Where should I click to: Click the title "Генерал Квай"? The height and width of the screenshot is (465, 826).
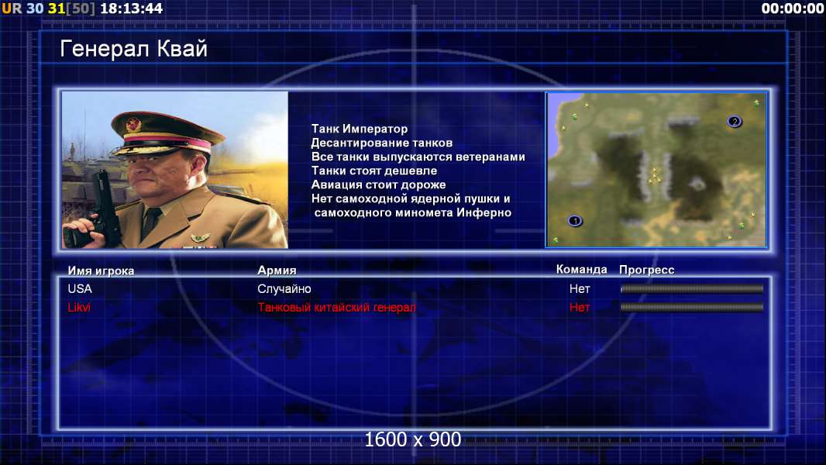tap(134, 50)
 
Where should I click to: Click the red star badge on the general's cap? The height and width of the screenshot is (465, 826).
tap(133, 124)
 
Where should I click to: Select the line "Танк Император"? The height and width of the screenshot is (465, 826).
tap(360, 129)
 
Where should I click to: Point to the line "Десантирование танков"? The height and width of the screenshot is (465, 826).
tap(381, 143)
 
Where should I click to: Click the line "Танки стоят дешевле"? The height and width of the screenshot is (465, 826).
tap(374, 170)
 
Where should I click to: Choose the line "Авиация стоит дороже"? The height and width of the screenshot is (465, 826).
tap(378, 185)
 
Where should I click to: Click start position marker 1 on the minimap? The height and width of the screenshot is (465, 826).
tap(575, 221)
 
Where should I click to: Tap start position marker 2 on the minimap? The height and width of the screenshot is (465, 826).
tap(735, 122)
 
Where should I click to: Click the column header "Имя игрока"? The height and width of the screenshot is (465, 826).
tap(101, 270)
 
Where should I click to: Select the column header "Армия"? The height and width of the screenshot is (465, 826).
tap(277, 270)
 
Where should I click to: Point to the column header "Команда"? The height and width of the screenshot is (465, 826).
tap(582, 270)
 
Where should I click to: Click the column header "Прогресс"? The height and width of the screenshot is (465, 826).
tap(646, 270)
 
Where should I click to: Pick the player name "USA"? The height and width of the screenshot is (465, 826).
tap(80, 288)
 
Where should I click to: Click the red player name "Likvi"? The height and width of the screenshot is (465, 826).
tap(79, 307)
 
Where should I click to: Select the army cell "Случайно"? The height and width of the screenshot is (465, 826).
tap(284, 289)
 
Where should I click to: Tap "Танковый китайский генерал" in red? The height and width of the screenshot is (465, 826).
tap(336, 307)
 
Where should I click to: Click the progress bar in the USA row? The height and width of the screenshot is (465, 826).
tap(692, 288)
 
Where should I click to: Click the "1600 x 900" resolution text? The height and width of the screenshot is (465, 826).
tap(412, 439)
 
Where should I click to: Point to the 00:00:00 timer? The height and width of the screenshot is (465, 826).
tap(792, 9)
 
